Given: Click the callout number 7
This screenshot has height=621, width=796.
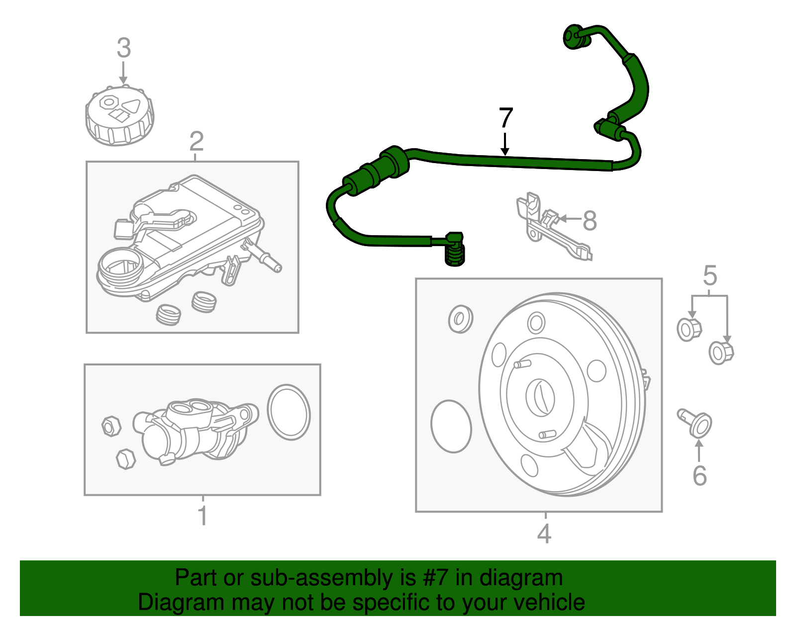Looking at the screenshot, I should pos(505,118).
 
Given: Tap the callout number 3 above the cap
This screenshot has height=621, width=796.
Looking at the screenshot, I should pos(123,48).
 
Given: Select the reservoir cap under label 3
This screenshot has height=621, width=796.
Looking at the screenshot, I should pos(119,117).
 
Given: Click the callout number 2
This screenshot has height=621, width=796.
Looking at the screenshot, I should pos(197,142).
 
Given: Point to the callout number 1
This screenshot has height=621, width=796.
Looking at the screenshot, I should pos(202,516).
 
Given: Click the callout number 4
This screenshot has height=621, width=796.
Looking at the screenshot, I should pos(544,534).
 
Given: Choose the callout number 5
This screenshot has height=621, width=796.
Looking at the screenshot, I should pos(710,275).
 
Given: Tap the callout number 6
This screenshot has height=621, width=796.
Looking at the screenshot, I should pos(699,476).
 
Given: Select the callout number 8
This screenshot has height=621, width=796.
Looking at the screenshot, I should pos(590,220).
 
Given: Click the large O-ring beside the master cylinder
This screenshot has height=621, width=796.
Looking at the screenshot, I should pos(289,412).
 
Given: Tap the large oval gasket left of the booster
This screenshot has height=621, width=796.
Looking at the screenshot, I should pos(451,427).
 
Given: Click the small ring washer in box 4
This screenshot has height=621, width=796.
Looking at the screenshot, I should pos(460,319).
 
